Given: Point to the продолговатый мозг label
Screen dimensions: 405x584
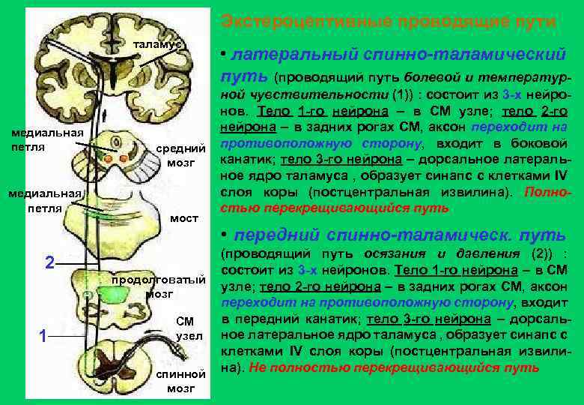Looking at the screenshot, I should (158, 287).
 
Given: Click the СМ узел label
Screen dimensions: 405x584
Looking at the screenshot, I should (185, 328).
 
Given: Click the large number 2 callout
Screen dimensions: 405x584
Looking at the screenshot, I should (49, 263).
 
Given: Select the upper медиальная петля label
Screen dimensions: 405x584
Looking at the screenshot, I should (36, 139).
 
